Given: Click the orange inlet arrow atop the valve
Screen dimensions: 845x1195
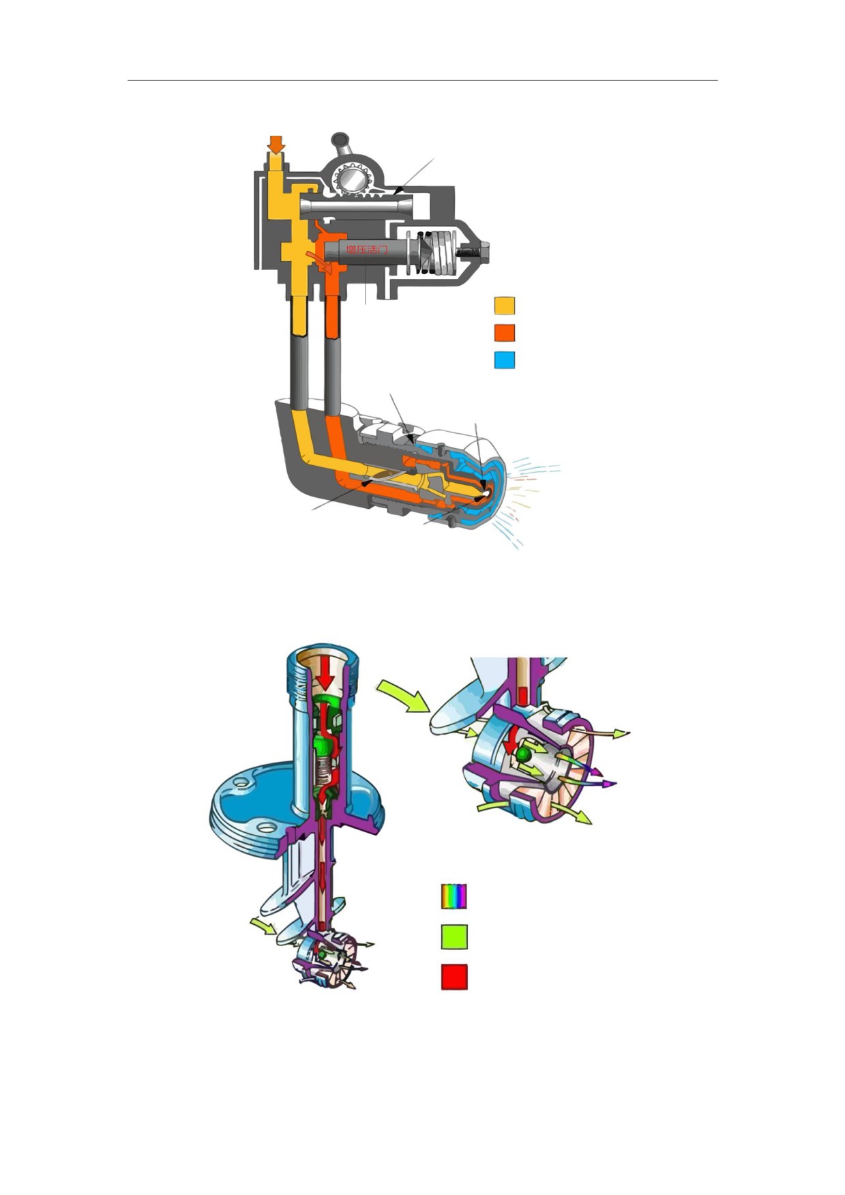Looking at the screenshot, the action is pos(276,144).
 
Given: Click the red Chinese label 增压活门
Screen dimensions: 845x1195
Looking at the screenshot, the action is pos(367,250).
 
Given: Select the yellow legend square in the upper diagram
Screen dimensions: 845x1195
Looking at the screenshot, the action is pos(504,306).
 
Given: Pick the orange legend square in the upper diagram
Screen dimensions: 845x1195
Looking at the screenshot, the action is pos(504,333).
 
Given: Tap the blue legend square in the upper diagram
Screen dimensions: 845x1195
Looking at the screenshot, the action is pos(504,359).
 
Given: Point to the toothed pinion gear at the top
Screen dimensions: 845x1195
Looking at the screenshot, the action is pos(353,179).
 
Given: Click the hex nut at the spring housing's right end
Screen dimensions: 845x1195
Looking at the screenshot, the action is pos(476,250).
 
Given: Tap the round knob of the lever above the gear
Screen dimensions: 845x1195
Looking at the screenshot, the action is pos(338,139).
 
